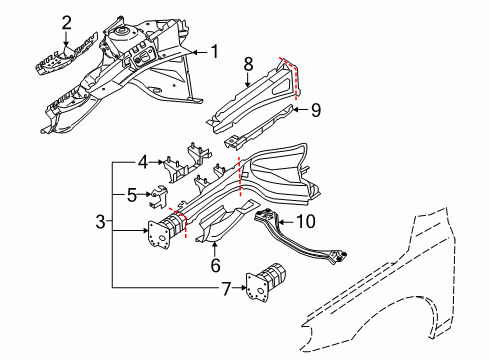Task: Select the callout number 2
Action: (66, 22)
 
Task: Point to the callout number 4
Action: (143, 160)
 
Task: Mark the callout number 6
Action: (214, 265)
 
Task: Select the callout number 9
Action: (315, 110)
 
